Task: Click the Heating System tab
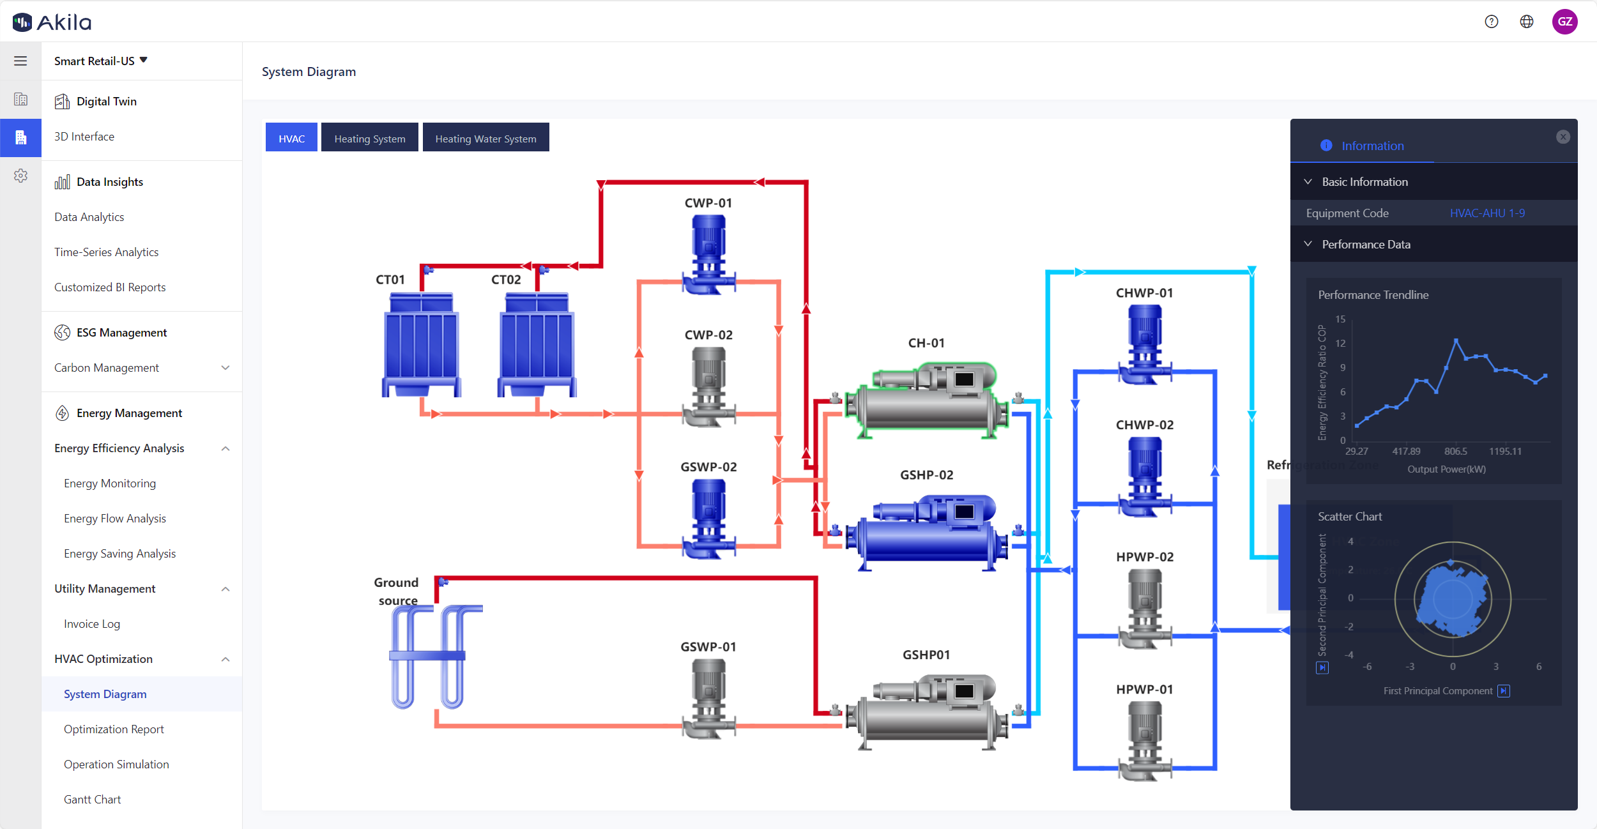tap(369, 138)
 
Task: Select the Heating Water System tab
tap(485, 138)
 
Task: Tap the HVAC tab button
tap(291, 138)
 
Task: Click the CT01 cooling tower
tap(421, 345)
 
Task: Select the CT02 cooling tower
tap(537, 345)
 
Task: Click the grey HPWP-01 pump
tap(1145, 740)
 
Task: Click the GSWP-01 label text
tap(708, 647)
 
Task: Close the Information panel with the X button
tap(1563, 137)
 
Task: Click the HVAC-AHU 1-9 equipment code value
tap(1487, 213)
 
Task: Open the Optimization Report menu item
tap(114, 729)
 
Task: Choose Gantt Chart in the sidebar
tap(92, 800)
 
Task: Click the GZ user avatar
tap(1564, 22)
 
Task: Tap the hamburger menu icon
tap(20, 61)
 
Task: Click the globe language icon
tap(1527, 22)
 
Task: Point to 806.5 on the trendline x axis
tap(1456, 452)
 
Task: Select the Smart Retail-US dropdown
tap(101, 61)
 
